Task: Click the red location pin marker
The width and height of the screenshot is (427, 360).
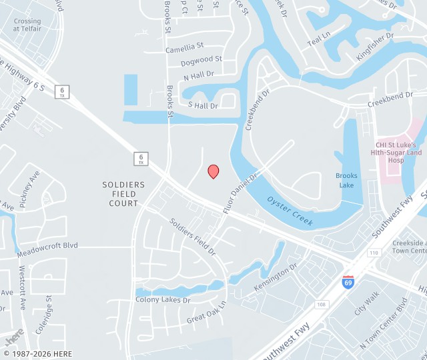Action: click(x=213, y=171)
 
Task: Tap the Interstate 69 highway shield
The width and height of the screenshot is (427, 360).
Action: click(x=348, y=281)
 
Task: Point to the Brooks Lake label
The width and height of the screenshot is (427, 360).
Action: click(x=346, y=180)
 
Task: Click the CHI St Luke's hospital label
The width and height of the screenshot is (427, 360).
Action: click(x=399, y=153)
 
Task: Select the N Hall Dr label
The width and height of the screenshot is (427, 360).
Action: click(x=198, y=75)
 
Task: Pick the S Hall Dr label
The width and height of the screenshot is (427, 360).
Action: click(x=203, y=105)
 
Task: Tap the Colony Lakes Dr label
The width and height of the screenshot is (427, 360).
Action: click(x=163, y=300)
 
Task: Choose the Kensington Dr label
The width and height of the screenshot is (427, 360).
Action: click(x=276, y=279)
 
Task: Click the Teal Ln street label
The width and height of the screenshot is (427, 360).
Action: click(x=318, y=39)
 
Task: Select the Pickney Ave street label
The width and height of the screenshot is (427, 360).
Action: click(x=30, y=189)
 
